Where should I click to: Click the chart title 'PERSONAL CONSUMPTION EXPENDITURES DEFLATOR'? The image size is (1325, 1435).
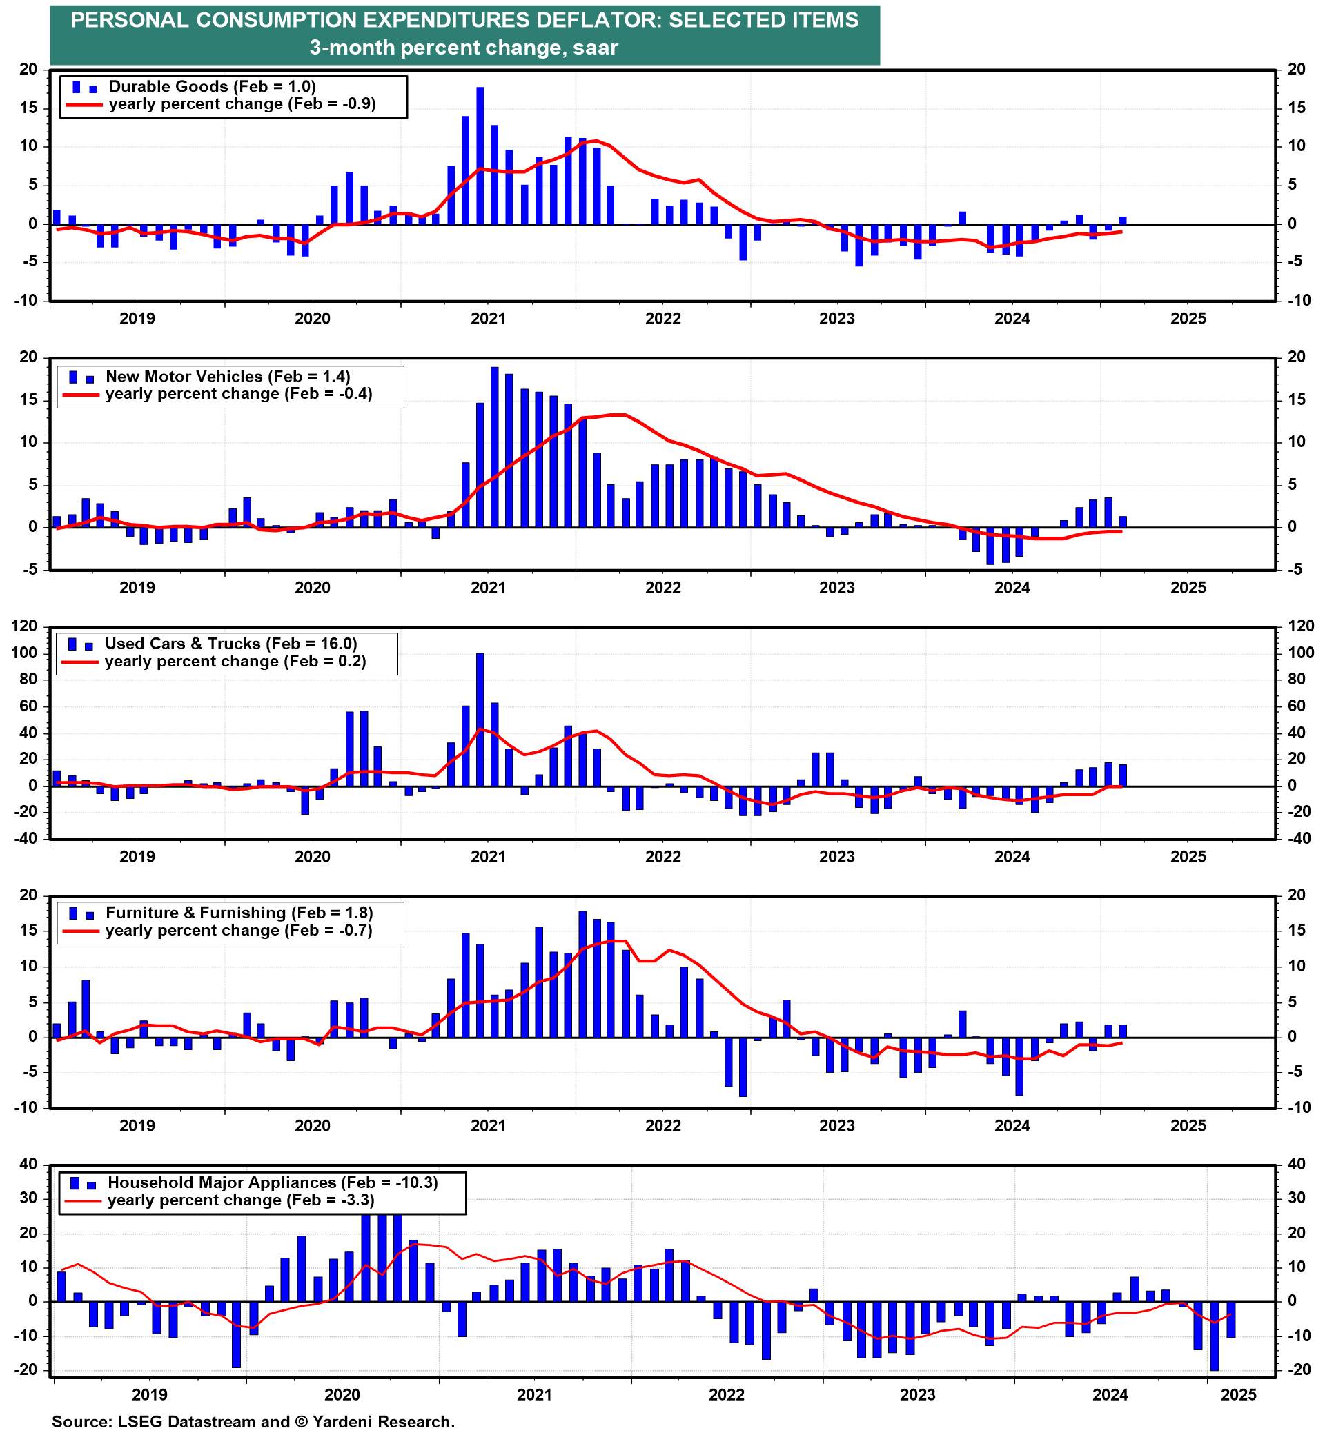tap(464, 20)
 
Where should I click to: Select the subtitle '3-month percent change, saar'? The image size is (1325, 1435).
tap(464, 48)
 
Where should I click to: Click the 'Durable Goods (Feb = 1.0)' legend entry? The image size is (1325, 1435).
tap(213, 87)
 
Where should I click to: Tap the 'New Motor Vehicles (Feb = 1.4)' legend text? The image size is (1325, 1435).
tap(227, 376)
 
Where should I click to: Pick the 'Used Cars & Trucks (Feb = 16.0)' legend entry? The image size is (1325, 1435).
tap(231, 644)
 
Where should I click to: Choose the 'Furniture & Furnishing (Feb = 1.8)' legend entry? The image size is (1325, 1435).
tap(239, 913)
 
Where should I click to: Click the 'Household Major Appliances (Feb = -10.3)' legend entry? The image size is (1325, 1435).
tap(273, 1182)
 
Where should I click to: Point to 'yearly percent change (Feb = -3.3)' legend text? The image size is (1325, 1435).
tap(241, 1200)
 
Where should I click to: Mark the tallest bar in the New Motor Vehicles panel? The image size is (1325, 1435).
tap(494, 447)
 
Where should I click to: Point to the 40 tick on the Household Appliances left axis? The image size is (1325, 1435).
tap(29, 1165)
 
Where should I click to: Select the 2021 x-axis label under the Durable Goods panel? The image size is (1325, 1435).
tap(487, 319)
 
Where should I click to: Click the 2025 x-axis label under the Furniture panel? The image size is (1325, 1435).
tap(1188, 1125)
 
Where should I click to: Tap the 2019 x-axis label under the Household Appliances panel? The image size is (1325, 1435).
tap(150, 1395)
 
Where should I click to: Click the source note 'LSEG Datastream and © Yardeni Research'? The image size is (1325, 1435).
tap(253, 1422)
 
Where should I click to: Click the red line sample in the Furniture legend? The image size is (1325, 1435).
tap(80, 931)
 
